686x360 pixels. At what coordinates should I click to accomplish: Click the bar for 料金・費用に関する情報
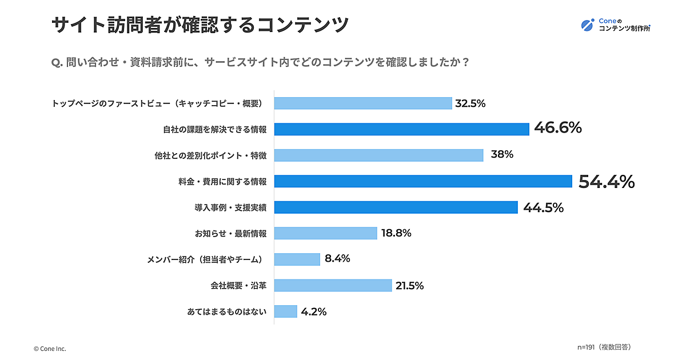pos(423,181)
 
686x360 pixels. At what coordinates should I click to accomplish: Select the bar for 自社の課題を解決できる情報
pos(401,129)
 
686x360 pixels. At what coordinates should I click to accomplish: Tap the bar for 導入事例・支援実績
pos(396,207)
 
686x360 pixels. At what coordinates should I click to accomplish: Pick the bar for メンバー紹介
pos(297,259)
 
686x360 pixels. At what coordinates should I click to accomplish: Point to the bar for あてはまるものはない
pos(285,311)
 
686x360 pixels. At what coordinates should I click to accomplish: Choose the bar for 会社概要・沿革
pos(333,285)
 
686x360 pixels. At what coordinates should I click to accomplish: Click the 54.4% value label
pos(606,182)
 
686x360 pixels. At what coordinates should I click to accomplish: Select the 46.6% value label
pos(557,128)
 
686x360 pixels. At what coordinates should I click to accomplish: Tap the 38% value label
pos(501,155)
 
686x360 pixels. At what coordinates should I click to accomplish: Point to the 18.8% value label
pos(396,233)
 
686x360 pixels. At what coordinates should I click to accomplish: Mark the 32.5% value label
pos(470,103)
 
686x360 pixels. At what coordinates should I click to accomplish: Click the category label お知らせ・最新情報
pos(230,233)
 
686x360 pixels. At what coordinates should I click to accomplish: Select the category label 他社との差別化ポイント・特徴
pos(210,155)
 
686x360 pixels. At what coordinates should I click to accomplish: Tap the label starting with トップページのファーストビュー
pos(157,103)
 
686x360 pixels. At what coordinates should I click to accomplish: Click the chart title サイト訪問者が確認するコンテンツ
pos(200,25)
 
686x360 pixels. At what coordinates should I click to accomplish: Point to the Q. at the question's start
pos(57,62)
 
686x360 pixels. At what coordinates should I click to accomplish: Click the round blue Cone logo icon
pos(588,24)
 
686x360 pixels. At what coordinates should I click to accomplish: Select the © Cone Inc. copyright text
pos(50,349)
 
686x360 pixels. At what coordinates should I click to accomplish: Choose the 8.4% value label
pos(337,259)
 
